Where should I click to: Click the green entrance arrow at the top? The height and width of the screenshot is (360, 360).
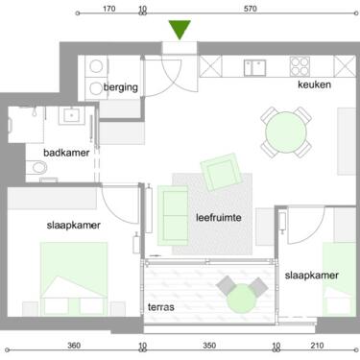point(179,32)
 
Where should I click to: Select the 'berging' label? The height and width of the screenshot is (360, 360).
point(122,88)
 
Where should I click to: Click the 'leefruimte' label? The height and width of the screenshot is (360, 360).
point(217,217)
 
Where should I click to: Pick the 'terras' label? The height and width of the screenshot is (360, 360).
point(160,308)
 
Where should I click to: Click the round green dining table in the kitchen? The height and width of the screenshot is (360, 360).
point(287,132)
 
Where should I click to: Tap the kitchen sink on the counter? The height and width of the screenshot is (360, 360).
point(254,65)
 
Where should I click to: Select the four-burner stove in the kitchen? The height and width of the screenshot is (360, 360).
point(300,66)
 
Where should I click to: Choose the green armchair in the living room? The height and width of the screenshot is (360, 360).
point(220,173)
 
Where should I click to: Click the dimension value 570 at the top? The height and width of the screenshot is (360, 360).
point(251,9)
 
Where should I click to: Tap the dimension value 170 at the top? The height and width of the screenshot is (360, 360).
point(108,9)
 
